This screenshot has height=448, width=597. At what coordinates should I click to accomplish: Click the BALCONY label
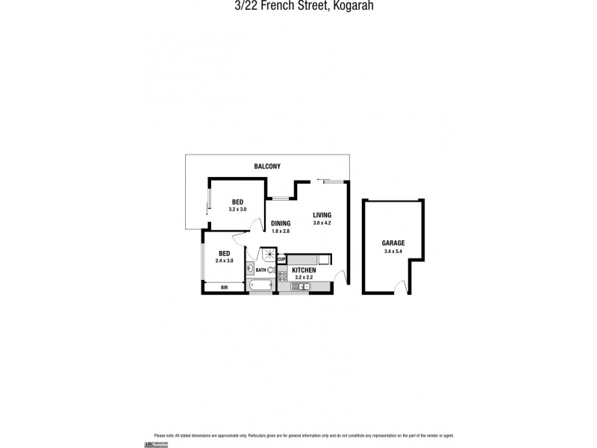point(266,166)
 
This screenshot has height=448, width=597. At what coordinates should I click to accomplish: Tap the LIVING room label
point(321,216)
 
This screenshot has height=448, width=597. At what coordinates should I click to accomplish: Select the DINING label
point(280,223)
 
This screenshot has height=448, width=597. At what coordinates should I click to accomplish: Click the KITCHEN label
point(304,270)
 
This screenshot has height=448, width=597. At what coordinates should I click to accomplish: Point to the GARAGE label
point(393,243)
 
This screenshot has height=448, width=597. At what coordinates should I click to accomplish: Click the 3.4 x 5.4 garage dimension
point(393,251)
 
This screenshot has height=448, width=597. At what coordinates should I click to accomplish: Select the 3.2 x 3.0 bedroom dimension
point(237,210)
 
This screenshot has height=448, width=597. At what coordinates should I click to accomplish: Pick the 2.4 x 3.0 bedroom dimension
point(224,261)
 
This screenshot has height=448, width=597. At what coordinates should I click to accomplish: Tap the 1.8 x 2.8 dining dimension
point(280,231)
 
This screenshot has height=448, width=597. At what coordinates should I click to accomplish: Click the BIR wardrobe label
point(224,287)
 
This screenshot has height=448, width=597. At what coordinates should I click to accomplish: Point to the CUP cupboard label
point(281,259)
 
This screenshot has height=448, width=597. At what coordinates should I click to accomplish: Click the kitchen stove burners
point(282,276)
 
